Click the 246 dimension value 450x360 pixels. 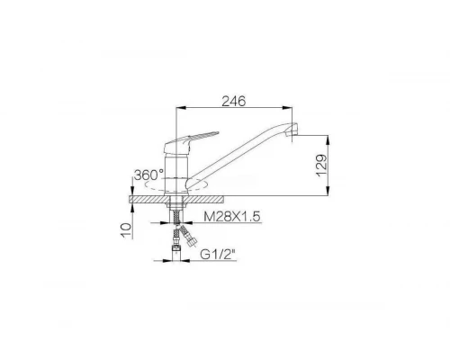click(233, 102)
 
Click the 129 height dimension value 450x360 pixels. click(321, 166)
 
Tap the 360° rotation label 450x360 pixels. click(148, 175)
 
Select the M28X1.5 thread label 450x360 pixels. click(232, 216)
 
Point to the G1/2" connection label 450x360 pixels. click(218, 255)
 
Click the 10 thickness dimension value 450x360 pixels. click(126, 230)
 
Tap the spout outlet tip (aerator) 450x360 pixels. click(292, 130)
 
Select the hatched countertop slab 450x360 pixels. click(176, 199)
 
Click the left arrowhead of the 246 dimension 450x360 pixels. click(179, 107)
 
